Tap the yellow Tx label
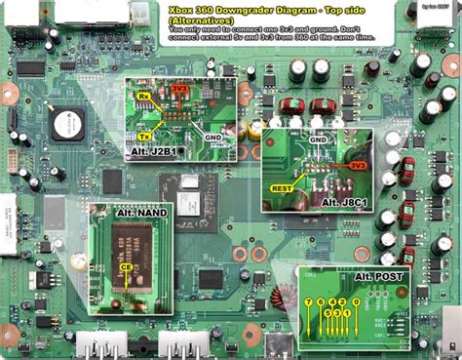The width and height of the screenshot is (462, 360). (144, 136)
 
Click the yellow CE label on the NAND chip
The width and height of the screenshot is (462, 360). (126, 266)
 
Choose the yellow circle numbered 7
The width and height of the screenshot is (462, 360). (309, 302)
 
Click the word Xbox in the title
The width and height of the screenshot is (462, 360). (179, 9)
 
